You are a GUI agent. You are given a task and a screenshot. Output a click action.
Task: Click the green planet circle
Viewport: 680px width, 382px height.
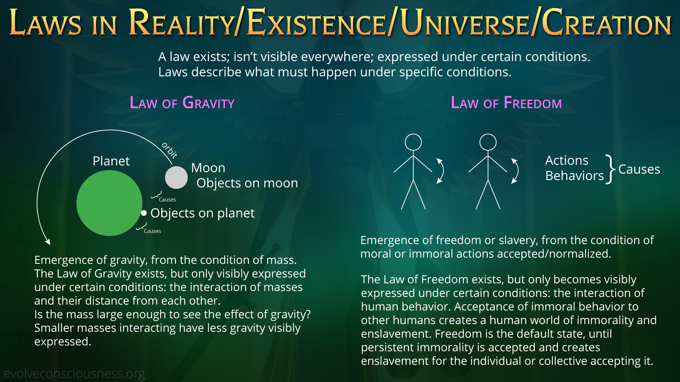point(109,203)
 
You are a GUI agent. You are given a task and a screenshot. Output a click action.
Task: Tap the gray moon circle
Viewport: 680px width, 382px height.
point(176,178)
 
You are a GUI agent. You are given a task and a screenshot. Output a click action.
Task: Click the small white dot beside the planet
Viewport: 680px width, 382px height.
point(144,213)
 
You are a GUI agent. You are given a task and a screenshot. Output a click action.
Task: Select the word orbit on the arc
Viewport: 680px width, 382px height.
point(170,150)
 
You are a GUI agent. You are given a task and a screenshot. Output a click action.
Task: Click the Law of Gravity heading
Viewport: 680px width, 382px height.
point(182,103)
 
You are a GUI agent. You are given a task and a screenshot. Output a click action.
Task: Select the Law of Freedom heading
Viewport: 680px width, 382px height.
point(506,103)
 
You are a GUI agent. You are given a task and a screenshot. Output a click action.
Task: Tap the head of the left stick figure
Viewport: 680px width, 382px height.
point(413,142)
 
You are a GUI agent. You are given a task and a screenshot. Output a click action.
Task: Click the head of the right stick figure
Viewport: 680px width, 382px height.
point(488,142)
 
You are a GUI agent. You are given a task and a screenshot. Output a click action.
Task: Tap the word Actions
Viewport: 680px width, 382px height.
point(567,160)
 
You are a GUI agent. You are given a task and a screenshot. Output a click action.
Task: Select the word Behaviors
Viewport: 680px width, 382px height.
point(574,175)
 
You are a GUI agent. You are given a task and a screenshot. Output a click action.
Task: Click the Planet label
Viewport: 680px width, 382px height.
point(111,161)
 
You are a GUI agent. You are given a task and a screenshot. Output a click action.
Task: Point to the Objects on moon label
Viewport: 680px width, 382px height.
point(247,183)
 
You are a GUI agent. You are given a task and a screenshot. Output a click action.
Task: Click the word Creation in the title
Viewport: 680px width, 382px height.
point(606,23)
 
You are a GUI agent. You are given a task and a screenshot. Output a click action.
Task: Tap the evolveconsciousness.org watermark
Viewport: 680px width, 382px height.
point(74,374)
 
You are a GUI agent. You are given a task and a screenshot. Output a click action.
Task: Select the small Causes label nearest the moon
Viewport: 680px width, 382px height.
point(167,199)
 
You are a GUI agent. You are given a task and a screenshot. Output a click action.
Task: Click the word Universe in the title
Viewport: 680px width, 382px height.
point(465,23)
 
